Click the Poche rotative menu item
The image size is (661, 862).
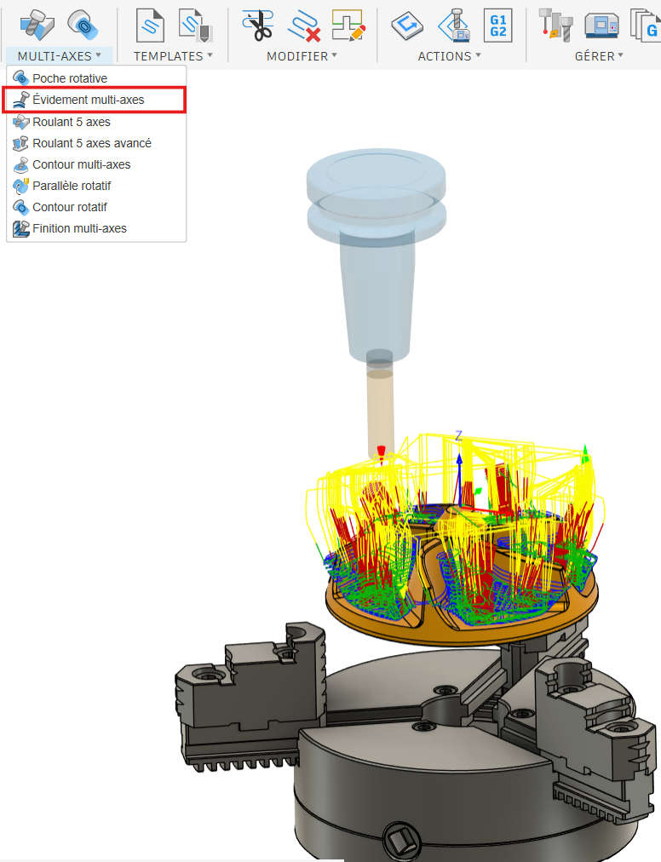tap(70, 78)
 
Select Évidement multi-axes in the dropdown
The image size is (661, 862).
tap(88, 100)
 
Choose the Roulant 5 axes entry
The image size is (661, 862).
tap(72, 122)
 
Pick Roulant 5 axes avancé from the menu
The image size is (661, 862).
tap(92, 143)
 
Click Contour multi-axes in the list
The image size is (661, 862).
tap(82, 164)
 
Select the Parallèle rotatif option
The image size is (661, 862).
tap(72, 186)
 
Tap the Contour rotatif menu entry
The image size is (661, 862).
tap(70, 207)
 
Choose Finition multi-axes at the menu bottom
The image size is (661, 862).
tap(80, 228)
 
